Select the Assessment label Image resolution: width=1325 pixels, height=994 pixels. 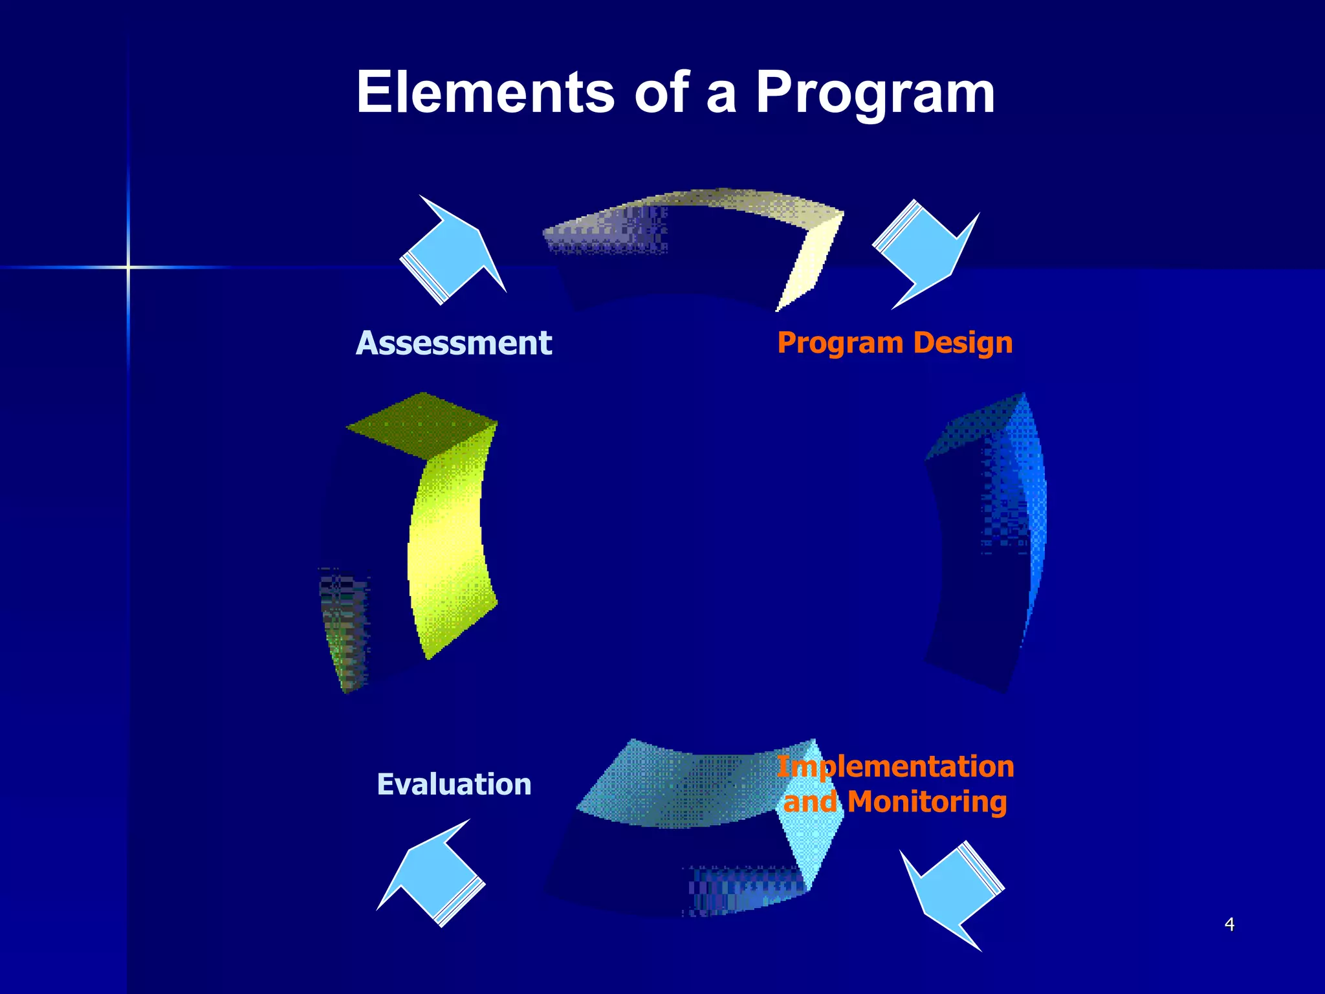pyautogui.click(x=454, y=343)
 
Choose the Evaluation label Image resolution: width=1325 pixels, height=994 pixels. pyautogui.click(x=454, y=784)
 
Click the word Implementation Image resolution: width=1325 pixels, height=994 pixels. pyautogui.click(x=895, y=767)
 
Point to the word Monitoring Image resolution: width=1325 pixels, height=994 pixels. pyautogui.click(x=926, y=802)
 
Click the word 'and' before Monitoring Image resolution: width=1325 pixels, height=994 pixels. pyautogui.click(x=810, y=802)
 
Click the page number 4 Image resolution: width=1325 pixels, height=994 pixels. pyautogui.click(x=1229, y=924)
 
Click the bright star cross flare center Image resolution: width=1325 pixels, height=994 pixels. pyautogui.click(x=128, y=267)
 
